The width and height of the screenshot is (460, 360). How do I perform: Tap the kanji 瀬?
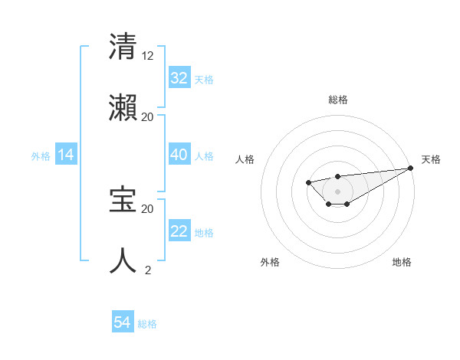pos(123,108)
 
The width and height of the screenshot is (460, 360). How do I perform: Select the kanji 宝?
pos(123,200)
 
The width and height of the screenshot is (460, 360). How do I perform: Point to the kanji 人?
pos(123,261)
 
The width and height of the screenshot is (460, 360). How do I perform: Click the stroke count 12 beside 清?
pos(148,55)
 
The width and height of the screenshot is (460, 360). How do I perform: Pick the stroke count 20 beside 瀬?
pos(148,116)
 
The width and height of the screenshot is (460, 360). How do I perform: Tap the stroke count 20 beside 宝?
pos(148,208)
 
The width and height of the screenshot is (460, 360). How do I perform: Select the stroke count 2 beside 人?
pos(148,270)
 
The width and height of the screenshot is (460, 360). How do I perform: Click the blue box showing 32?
pos(179,78)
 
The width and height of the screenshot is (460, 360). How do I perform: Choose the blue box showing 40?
pos(179,155)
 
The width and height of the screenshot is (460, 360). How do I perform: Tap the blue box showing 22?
pos(179,231)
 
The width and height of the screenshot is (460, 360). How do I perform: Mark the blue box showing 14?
pos(66,155)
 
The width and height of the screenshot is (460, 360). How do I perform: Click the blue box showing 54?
pos(123,323)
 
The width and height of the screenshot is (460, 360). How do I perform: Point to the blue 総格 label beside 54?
pos(147,324)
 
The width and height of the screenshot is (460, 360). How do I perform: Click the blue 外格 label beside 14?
pos(41,155)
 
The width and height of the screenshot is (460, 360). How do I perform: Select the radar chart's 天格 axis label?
pos(431,159)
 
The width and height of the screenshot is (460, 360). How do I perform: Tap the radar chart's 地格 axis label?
pos(402,262)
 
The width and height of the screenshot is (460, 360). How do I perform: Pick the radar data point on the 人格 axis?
pos(308,182)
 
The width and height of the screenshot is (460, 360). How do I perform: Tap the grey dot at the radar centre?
pos(337,191)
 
